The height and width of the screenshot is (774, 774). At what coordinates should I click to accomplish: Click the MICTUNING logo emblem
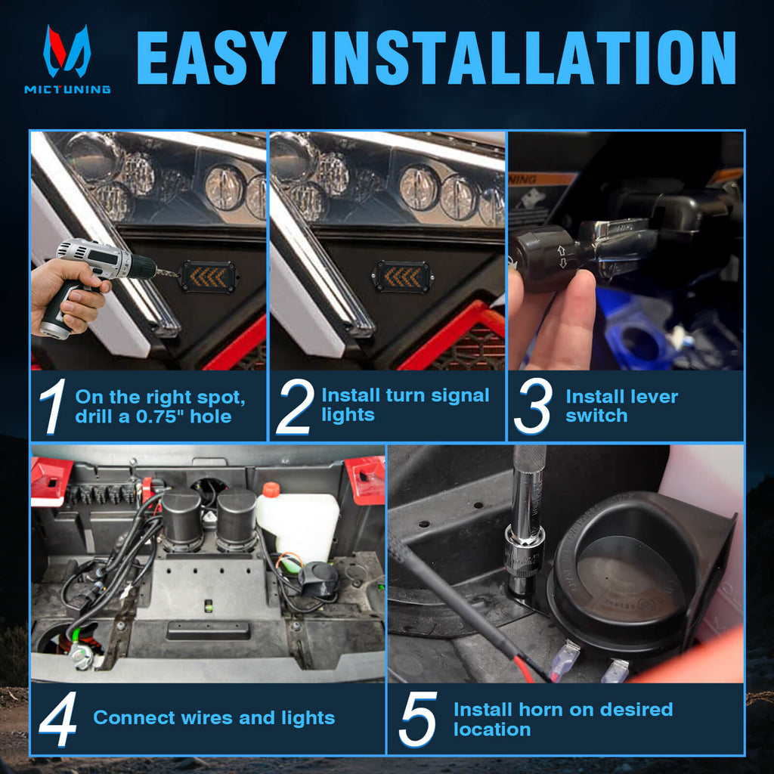pyautogui.click(x=67, y=51)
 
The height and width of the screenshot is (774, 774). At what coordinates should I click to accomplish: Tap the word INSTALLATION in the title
pyautogui.click(x=523, y=57)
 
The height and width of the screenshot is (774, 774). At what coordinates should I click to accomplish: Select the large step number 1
pyautogui.click(x=53, y=406)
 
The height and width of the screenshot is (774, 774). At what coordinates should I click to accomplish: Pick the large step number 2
pyautogui.click(x=296, y=406)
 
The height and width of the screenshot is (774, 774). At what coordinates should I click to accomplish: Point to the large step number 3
pyautogui.click(x=533, y=406)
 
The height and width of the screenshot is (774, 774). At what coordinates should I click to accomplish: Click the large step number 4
pyautogui.click(x=57, y=720)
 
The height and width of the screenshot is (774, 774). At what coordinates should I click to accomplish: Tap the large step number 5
pyautogui.click(x=418, y=720)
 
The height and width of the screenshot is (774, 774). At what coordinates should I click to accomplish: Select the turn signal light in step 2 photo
pyautogui.click(x=402, y=277)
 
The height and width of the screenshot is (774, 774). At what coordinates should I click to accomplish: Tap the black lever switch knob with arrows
pyautogui.click(x=542, y=258)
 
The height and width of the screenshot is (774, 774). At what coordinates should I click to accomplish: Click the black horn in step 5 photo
pyautogui.click(x=642, y=573)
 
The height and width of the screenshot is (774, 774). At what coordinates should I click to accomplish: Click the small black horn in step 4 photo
pyautogui.click(x=318, y=580)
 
